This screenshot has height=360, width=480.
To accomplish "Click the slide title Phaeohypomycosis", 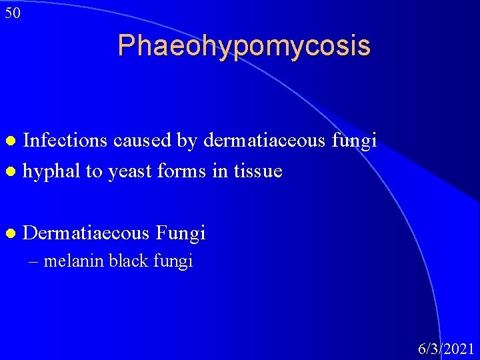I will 244,46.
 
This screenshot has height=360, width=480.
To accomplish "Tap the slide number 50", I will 12,13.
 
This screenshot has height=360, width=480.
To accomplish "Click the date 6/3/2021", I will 446,349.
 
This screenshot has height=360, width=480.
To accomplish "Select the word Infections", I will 65,140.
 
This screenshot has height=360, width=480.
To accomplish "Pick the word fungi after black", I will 173,261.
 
